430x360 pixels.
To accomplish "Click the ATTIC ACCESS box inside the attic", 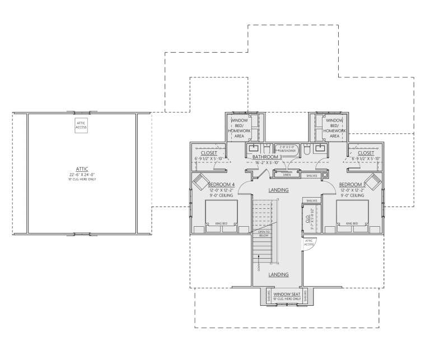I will (82, 125).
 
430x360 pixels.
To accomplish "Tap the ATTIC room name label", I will (82, 169).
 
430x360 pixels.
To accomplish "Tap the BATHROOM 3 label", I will (265, 157).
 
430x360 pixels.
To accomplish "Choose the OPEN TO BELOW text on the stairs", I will (263, 233).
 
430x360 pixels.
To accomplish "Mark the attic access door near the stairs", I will (310, 243).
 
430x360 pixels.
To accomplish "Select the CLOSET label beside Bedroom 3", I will (366, 152).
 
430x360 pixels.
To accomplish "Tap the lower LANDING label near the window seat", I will (278, 275).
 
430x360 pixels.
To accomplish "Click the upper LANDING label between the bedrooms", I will (278, 190).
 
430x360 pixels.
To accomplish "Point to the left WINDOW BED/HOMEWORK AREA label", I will (240, 128).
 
